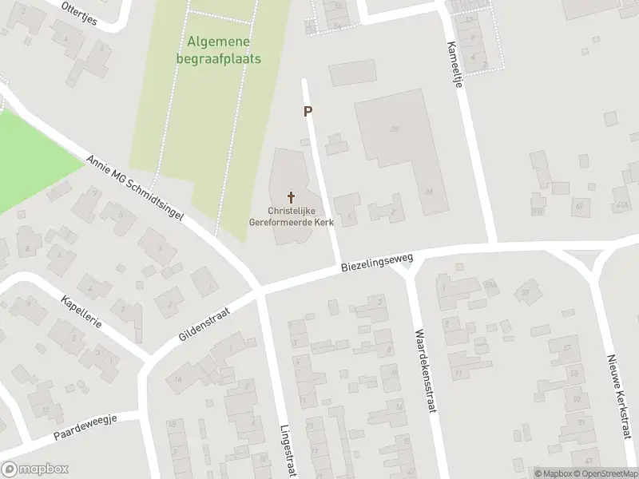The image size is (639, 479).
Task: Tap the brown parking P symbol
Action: click(x=308, y=113)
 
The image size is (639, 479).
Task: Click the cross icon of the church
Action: click(x=290, y=196)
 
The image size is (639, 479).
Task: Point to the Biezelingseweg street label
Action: click(x=376, y=263)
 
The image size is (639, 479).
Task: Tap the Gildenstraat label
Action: click(x=204, y=324)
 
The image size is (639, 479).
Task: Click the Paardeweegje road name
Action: click(x=86, y=426)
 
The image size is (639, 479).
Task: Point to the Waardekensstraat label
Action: click(x=423, y=371)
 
